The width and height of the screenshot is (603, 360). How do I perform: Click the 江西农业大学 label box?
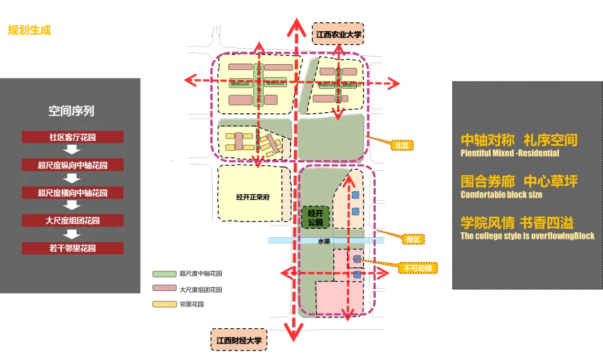tap(339, 35)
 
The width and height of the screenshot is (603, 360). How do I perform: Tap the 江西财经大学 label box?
tap(239, 340)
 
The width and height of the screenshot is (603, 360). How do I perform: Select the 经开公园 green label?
tap(315, 218)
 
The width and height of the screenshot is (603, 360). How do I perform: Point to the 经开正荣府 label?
tap(253, 197)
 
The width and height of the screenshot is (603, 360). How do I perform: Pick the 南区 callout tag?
tap(413, 239)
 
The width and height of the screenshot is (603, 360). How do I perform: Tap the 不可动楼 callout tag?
tap(418, 268)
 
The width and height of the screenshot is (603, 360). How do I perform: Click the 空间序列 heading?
tap(71, 111)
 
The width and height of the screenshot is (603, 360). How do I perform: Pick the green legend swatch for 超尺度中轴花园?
tap(164, 273)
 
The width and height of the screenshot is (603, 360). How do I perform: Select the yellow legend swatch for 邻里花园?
tap(164, 304)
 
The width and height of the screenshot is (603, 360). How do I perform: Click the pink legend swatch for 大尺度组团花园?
tap(164, 289)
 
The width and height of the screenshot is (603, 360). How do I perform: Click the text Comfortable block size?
tap(501, 195)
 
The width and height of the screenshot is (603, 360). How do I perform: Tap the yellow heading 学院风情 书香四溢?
tap(517, 223)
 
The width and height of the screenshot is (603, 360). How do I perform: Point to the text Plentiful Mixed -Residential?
tap(510, 153)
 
